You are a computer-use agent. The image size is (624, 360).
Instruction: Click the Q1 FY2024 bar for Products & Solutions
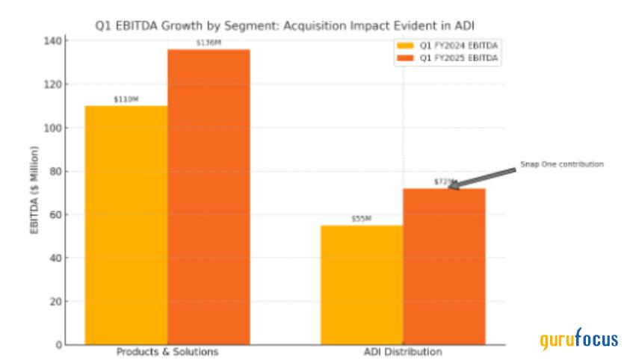126,224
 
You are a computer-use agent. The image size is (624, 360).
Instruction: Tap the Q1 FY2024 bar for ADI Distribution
362,285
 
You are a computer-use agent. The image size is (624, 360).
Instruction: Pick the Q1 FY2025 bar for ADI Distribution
444,266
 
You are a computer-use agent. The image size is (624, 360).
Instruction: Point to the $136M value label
208,43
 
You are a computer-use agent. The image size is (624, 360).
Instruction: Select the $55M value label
362,219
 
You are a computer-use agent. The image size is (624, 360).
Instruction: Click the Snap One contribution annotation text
561,164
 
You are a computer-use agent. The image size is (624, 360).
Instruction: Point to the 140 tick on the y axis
52,40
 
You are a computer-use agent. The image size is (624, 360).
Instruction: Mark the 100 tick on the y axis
52,128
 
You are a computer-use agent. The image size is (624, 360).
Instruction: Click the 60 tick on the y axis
54,215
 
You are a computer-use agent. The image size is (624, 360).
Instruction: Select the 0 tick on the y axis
57,345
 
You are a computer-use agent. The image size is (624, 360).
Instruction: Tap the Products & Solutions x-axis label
167,351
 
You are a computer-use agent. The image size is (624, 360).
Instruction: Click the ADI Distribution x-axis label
403,351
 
